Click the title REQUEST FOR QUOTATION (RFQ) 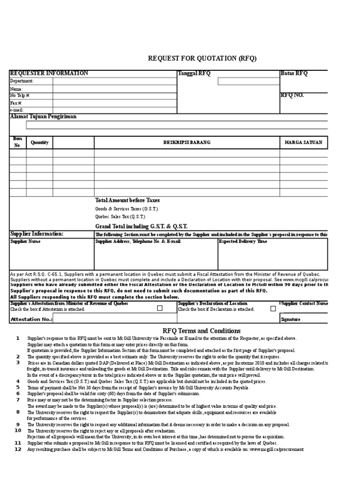pyautogui.click(x=202, y=58)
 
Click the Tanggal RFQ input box pyautogui.click(x=249, y=81)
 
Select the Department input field pyautogui.click(x=114, y=81)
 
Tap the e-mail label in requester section pyautogui.click(x=17, y=110)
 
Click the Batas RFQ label pyautogui.click(x=294, y=74)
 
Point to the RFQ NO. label pyautogui.click(x=292, y=95)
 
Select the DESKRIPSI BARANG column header pyautogui.click(x=187, y=142)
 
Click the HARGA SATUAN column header pyautogui.click(x=303, y=142)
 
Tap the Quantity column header pyautogui.click(x=39, y=142)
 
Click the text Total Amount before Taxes pyautogui.click(x=127, y=200)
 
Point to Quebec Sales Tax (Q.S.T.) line pyautogui.click(x=120, y=217)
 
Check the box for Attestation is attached pyautogui.click(x=160, y=308)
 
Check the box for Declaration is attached pyautogui.click(x=273, y=308)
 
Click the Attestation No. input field pyautogui.click(x=114, y=319)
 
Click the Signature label pyautogui.click(x=291, y=320)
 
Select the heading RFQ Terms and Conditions pyautogui.click(x=201, y=331)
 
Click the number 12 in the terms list pyautogui.click(x=18, y=449)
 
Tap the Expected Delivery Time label pyautogui.click(x=243, y=241)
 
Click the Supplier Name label pyautogui.click(x=25, y=241)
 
